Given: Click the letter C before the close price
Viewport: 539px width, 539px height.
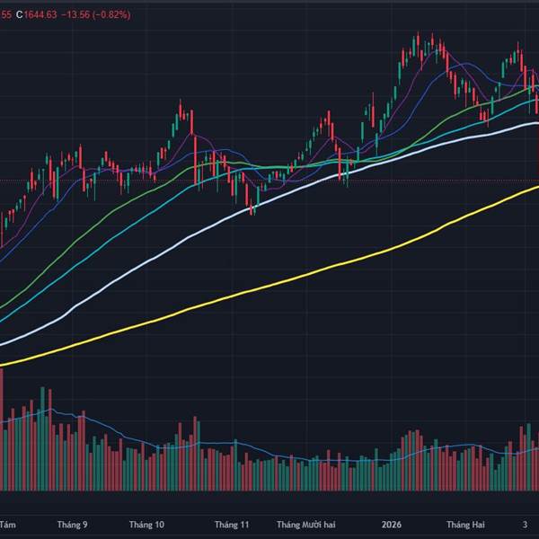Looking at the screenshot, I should coord(18,13).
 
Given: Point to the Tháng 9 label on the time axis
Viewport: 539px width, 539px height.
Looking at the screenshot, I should coord(72,524).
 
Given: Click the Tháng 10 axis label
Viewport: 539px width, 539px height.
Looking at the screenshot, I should coord(146,524).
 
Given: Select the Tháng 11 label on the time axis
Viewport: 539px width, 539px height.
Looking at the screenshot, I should coord(231,524).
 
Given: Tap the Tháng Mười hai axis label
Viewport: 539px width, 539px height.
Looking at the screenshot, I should coord(306,524).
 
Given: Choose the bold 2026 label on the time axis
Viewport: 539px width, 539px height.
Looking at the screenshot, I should coord(391,524).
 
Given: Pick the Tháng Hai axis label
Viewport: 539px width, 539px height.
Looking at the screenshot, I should coord(465,524).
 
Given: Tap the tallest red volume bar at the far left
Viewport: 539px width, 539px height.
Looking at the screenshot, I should coord(2,431).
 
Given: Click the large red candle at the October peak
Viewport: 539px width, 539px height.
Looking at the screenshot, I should coord(193,160).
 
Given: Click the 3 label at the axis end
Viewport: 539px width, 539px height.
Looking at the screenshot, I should coord(526,524).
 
